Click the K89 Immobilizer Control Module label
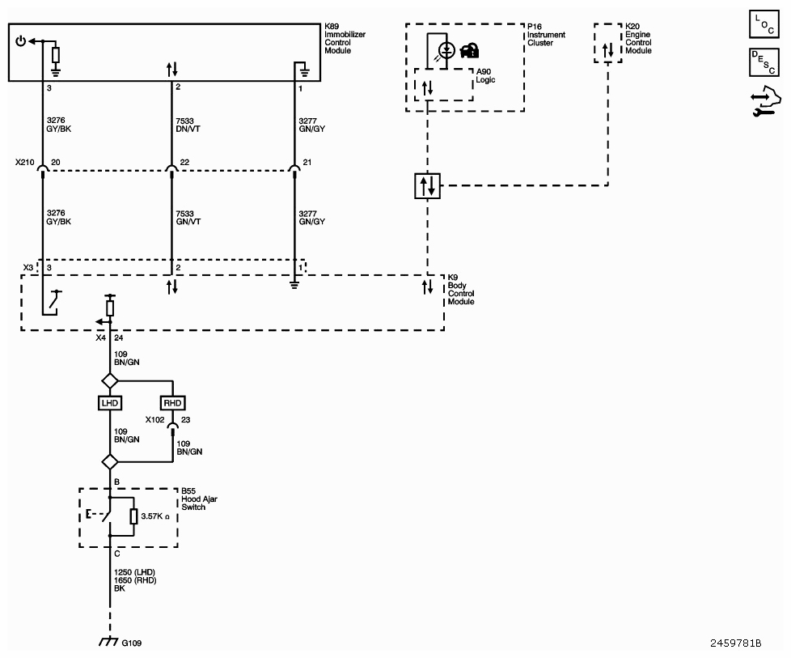pyautogui.click(x=345, y=38)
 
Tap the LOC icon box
pyautogui.click(x=764, y=23)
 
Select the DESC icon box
pyautogui.click(x=764, y=62)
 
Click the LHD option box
pyautogui.click(x=109, y=403)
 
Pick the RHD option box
pyautogui.click(x=172, y=403)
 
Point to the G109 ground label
pyautogui.click(x=132, y=643)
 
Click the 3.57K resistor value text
pyautogui.click(x=155, y=516)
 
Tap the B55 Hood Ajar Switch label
pyautogui.click(x=199, y=499)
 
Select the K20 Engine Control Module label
pyautogui.click(x=638, y=38)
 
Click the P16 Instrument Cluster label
pyautogui.click(x=546, y=35)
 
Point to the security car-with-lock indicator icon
pyautogui.click(x=470, y=50)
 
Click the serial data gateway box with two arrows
pyautogui.click(x=427, y=185)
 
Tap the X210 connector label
pyautogui.click(x=25, y=162)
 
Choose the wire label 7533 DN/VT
pyautogui.click(x=188, y=125)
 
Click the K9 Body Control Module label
pyautogui.click(x=461, y=290)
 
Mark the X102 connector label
pyautogui.click(x=154, y=419)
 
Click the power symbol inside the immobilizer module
pyautogui.click(x=21, y=41)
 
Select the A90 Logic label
pyautogui.click(x=485, y=76)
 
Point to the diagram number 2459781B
pyautogui.click(x=735, y=643)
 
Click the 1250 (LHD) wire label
pyautogui.click(x=134, y=572)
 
